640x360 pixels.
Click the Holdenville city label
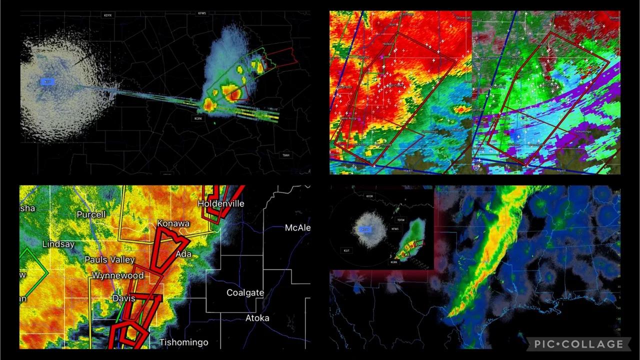pos(220,203)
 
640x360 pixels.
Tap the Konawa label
pos(173,223)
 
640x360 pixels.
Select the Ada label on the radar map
pos(183,254)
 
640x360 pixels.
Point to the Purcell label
pos(91,214)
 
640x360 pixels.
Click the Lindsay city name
pos(58,244)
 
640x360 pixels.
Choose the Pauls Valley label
pos(109,259)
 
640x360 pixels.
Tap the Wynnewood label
pos(117,275)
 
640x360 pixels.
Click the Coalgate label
pos(245,292)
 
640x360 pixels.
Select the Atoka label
pos(257,318)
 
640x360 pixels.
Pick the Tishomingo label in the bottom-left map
pos(183,342)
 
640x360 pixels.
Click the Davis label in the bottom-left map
pos(123,298)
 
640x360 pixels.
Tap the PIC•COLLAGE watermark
pos(578,344)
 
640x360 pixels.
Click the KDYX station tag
pos(108,15)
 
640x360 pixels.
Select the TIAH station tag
pos(285,155)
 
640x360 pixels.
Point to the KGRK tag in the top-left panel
pos(198,118)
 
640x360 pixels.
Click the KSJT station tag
pos(346,250)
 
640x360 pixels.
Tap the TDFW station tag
pos(400,220)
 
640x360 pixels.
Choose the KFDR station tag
pos(369,196)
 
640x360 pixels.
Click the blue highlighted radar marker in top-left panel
pos(47,81)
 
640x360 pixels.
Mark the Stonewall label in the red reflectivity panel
pos(463,18)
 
